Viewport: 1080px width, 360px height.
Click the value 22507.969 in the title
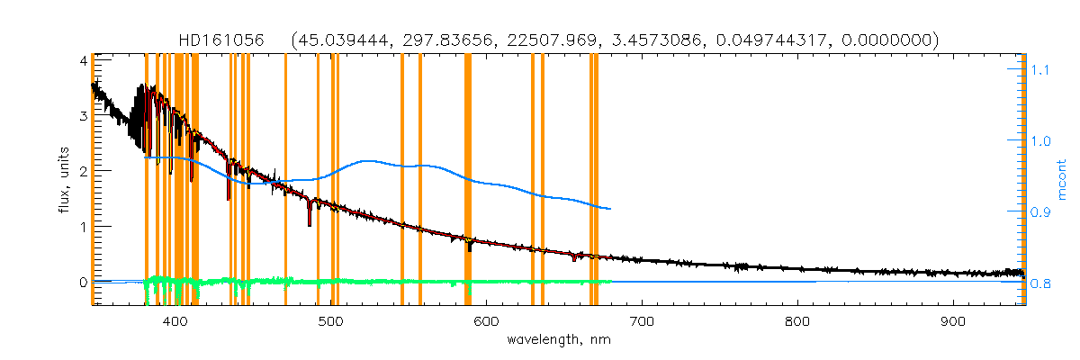544,40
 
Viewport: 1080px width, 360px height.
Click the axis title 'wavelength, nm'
564,340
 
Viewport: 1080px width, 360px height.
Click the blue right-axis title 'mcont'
1062,180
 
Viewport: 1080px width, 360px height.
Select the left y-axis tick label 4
82,60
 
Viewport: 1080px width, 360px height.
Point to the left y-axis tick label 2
82,171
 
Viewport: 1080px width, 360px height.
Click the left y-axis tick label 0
82,283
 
